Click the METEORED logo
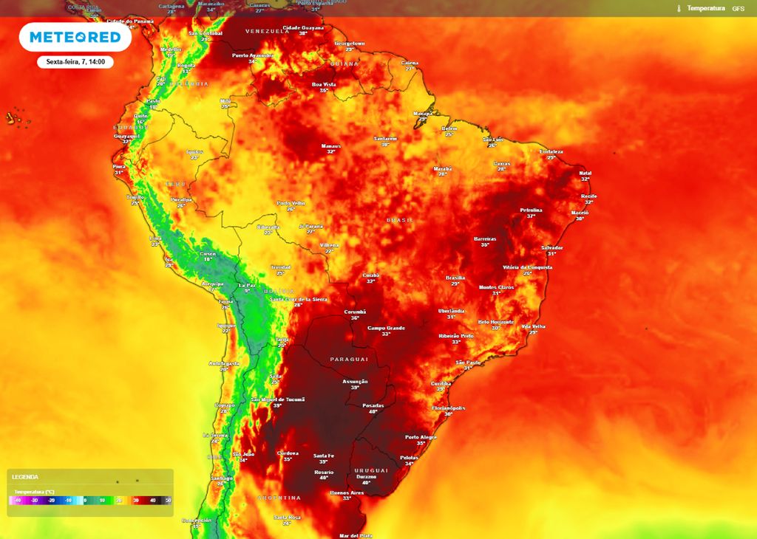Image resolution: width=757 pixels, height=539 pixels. (x=75, y=37)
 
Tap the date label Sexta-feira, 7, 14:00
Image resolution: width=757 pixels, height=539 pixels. (x=75, y=62)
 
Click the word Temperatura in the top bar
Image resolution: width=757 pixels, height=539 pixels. (x=706, y=8)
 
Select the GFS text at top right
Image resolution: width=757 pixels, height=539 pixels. (x=738, y=8)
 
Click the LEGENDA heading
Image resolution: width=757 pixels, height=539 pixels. (x=25, y=477)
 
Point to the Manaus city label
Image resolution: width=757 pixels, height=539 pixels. (x=330, y=146)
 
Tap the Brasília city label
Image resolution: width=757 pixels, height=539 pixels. (x=455, y=278)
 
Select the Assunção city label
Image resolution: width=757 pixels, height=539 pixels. (x=355, y=382)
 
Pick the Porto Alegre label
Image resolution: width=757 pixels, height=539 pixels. (x=421, y=437)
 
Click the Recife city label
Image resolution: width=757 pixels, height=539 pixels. (x=588, y=196)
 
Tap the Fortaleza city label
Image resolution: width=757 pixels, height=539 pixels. (x=551, y=151)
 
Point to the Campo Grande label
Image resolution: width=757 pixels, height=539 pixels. (x=385, y=327)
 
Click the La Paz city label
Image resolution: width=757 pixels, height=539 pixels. (x=247, y=285)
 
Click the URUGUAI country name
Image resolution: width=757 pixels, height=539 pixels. (x=371, y=470)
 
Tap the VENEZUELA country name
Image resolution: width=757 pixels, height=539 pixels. (x=266, y=31)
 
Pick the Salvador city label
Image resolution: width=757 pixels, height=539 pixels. (x=551, y=247)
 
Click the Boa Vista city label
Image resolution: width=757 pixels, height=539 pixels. (x=324, y=84)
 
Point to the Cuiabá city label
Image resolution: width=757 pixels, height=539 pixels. (x=371, y=275)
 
